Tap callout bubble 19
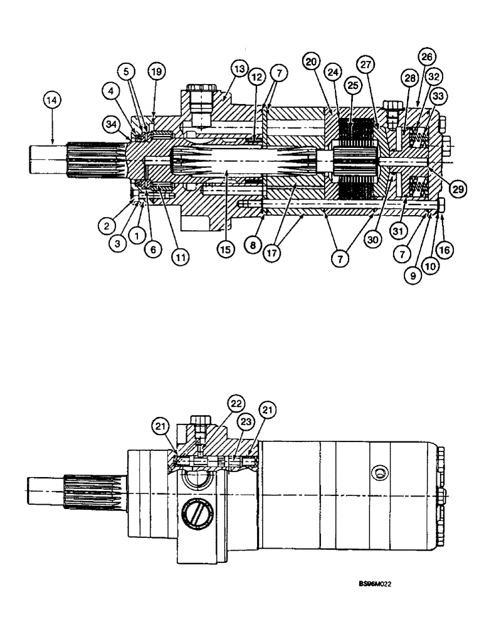coord(154,72)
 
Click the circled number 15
coord(224,248)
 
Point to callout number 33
coord(436,97)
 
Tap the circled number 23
coord(246,423)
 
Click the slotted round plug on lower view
coord(194,514)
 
